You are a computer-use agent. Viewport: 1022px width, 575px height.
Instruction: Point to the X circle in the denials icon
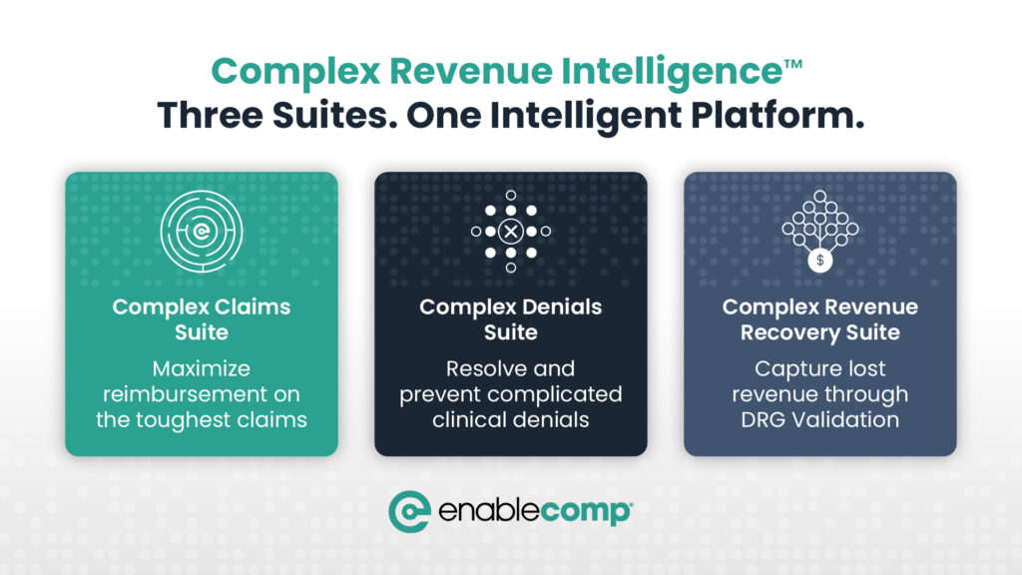point(511,232)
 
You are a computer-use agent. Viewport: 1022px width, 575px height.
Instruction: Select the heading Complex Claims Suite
point(202,319)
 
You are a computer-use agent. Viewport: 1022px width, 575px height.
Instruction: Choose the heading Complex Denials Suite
point(511,319)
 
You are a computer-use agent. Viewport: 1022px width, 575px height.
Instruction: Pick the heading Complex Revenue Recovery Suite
point(820,319)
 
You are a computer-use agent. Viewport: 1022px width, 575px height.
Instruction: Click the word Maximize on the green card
point(202,369)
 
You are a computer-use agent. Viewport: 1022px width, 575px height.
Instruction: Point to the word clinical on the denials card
point(468,419)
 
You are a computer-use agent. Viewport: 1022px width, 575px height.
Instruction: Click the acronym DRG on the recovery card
point(765,419)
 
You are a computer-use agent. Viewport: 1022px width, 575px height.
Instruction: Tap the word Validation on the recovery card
point(846,419)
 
